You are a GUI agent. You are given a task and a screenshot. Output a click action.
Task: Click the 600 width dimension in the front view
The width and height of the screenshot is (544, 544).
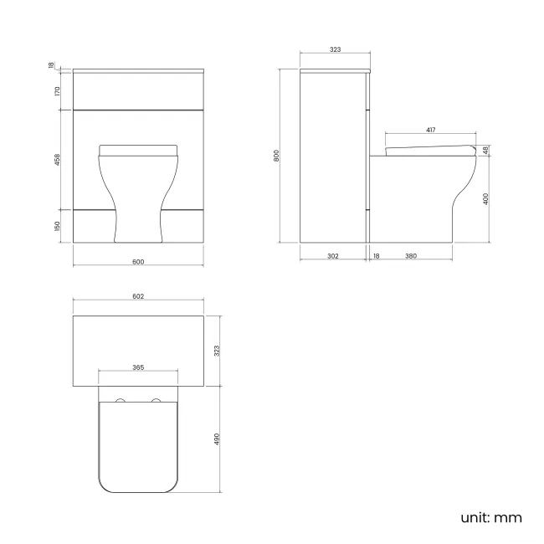click(x=139, y=262)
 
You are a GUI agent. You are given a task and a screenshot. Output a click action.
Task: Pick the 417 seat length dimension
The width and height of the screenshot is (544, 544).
click(x=431, y=130)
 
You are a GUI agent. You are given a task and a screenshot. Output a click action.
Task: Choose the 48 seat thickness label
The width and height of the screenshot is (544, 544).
click(x=485, y=151)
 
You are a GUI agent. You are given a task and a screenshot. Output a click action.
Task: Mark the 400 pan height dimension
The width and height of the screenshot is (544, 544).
click(x=485, y=198)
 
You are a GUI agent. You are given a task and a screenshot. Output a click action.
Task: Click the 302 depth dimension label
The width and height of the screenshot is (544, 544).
click(x=332, y=256)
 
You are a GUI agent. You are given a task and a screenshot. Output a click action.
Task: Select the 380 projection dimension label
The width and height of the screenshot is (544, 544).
click(x=411, y=256)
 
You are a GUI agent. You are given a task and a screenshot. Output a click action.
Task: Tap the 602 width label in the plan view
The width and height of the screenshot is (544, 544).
click(x=139, y=297)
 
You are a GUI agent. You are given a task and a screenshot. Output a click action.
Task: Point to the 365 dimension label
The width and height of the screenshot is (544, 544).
click(x=139, y=367)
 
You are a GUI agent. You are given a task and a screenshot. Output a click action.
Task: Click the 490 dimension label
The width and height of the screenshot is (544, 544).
click(x=217, y=439)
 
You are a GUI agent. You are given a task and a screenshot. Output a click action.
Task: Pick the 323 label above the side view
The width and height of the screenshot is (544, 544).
click(x=335, y=50)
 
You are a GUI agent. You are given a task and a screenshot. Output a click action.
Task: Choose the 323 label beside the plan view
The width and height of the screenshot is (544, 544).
click(x=217, y=352)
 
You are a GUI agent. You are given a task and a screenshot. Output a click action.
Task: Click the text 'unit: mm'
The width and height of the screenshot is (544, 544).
click(x=491, y=517)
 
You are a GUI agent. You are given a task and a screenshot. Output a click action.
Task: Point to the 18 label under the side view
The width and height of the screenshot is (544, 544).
click(x=377, y=256)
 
